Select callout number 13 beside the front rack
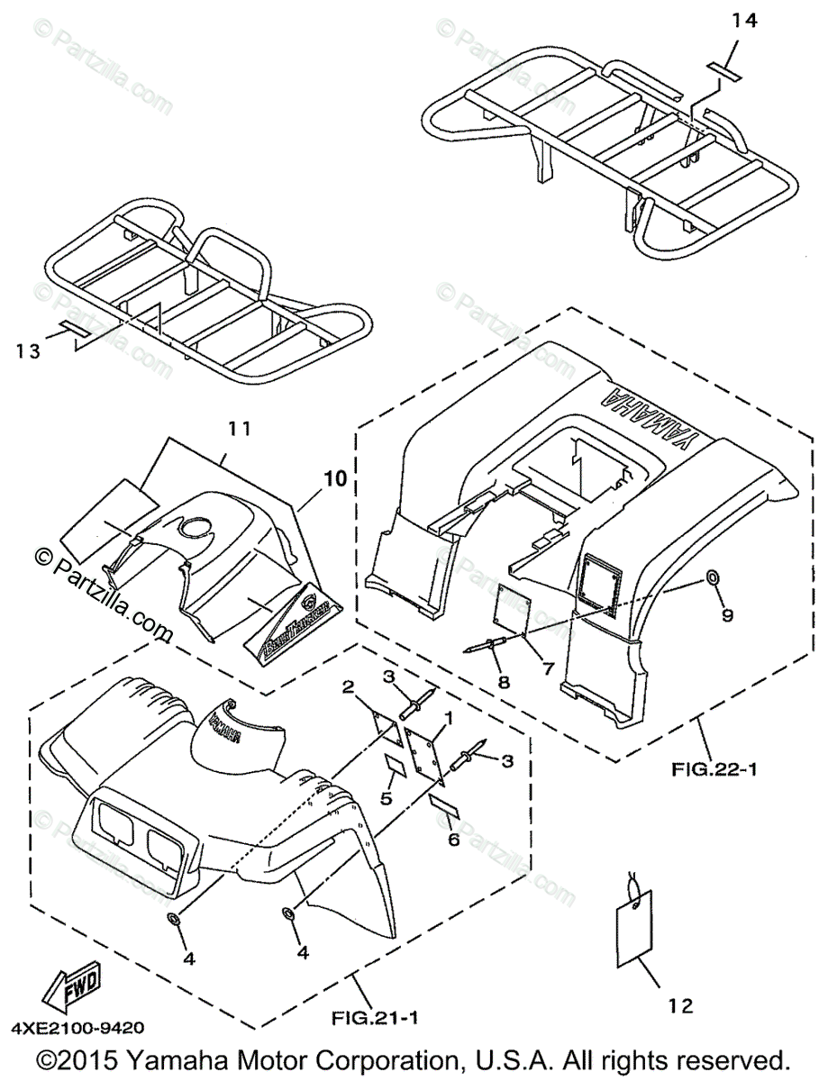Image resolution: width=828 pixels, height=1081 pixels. [29, 351]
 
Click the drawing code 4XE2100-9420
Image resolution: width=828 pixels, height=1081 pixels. [77, 1027]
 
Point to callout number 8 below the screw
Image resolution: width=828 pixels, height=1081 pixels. [503, 682]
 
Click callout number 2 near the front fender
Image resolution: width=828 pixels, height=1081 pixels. [347, 688]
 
